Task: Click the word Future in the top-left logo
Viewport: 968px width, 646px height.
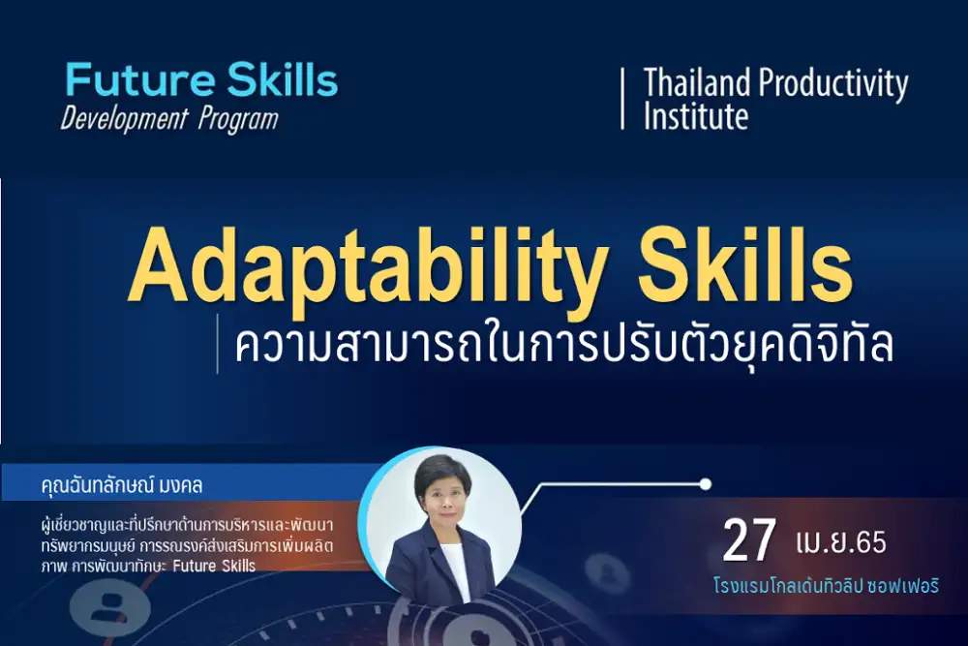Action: pyautogui.click(x=139, y=80)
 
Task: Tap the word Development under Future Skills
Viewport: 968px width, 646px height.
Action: pyautogui.click(x=124, y=118)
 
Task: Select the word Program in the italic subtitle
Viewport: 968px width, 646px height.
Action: pyautogui.click(x=238, y=120)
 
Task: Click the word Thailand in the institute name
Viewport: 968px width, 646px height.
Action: pyautogui.click(x=698, y=82)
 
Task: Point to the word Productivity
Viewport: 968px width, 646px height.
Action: pyautogui.click(x=833, y=84)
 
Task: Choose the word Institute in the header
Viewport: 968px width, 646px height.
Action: pyautogui.click(x=696, y=115)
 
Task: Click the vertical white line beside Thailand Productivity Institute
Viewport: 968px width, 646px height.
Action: pyautogui.click(x=622, y=99)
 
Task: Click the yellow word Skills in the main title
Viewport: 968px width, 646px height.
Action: pyautogui.click(x=745, y=265)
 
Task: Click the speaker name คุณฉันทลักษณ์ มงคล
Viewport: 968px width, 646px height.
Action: pyautogui.click(x=122, y=485)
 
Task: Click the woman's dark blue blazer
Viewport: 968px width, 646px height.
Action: pyautogui.click(x=439, y=565)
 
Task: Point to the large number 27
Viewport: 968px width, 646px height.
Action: pyautogui.click(x=749, y=541)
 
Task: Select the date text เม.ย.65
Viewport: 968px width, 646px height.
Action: pyautogui.click(x=841, y=542)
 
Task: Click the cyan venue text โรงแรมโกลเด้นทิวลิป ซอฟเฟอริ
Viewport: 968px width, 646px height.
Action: pyautogui.click(x=826, y=585)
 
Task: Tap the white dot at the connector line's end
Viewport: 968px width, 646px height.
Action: pyautogui.click(x=706, y=484)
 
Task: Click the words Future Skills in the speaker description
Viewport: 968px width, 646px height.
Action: pyautogui.click(x=214, y=566)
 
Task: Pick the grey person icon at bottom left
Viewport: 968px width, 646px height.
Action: pyautogui.click(x=110, y=604)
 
